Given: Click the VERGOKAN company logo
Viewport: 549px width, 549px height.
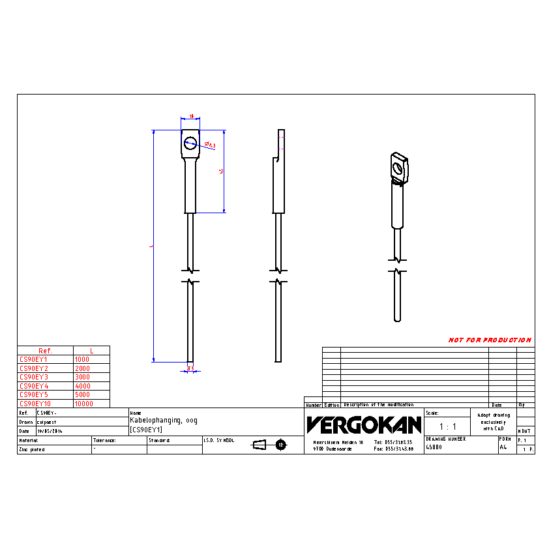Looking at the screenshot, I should coord(364,425).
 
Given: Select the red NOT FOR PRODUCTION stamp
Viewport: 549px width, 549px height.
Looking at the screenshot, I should coord(490,340).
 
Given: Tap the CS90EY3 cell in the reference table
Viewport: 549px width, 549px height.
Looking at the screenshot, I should coord(34,377).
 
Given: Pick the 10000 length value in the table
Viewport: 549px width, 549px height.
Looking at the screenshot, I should coord(84,404).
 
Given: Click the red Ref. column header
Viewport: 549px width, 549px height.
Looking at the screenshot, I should coord(45,351).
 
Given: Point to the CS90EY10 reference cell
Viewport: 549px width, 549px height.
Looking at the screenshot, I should coord(35,404).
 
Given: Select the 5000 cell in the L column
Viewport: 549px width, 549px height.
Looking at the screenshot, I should coord(83,394).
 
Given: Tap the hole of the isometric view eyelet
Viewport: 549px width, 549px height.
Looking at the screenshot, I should coord(398,168).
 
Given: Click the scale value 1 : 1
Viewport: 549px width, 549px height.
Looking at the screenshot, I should coord(447,426).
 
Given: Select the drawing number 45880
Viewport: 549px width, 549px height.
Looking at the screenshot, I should coord(434,448).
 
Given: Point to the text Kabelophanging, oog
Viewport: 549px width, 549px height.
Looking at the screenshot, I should coord(164,421).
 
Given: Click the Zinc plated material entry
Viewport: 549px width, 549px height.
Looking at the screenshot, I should coord(33,450).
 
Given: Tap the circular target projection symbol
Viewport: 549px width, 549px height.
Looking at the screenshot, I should coord(281,445).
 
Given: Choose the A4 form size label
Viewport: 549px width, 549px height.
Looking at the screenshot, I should coord(503,448).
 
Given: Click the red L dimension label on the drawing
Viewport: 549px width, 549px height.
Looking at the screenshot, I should coord(151,246).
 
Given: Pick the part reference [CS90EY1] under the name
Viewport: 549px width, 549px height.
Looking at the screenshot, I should coord(147,430).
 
